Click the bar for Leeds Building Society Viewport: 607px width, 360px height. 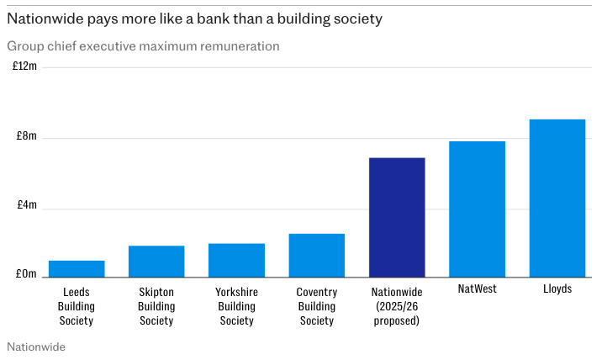[77, 269]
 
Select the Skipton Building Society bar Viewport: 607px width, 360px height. [156, 262]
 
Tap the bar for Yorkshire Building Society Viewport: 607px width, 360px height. [236, 261]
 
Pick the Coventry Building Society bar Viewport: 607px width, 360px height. [316, 256]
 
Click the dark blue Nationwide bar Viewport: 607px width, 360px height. [397, 217]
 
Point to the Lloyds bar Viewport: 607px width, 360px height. [557, 198]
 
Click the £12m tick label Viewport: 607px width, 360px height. [24, 66]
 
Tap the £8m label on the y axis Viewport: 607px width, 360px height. [26, 136]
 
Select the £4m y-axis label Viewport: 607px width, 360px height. [26, 205]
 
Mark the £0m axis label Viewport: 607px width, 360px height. [26, 274]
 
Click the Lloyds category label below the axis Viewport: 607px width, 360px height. [557, 289]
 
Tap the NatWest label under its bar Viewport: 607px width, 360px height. [477, 289]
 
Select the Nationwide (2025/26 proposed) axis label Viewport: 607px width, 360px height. [397, 306]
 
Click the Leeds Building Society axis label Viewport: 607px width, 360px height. [77, 306]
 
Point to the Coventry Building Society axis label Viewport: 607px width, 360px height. [316, 306]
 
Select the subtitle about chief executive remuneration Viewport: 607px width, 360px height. [143, 46]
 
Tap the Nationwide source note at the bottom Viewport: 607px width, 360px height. [35, 346]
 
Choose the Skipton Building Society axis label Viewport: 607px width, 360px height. [156, 306]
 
